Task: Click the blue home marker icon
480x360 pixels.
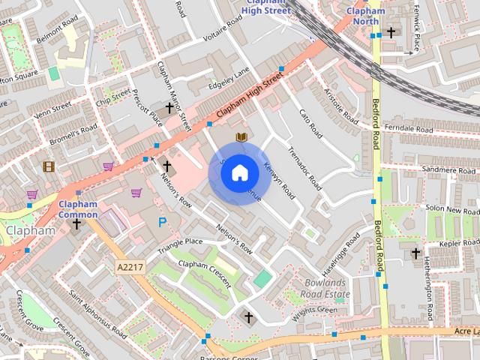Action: (239, 173)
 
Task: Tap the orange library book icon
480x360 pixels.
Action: (241, 137)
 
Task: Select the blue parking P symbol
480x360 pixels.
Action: (163, 222)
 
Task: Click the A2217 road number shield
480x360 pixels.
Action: (130, 266)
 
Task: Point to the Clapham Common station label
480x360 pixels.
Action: (78, 209)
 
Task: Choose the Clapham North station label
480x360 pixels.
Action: (366, 16)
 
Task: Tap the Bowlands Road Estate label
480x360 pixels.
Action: (325, 289)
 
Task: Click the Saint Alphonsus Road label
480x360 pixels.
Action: (97, 311)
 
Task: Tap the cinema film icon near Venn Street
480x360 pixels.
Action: (49, 166)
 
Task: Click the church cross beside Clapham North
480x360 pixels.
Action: (391, 32)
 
